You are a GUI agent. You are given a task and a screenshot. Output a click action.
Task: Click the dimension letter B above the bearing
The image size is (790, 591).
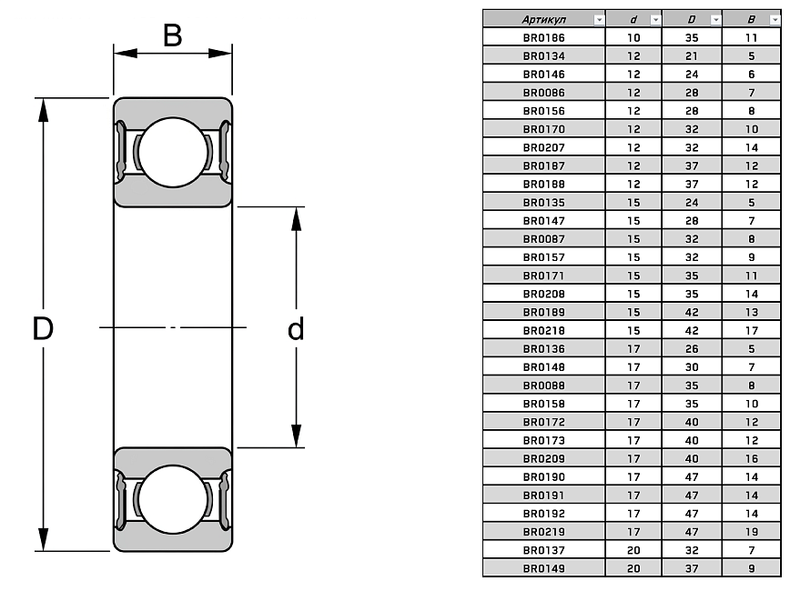(173, 35)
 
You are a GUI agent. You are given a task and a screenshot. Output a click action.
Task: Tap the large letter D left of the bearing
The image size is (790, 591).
(43, 328)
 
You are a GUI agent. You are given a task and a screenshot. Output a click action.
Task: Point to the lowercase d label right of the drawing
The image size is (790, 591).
(296, 329)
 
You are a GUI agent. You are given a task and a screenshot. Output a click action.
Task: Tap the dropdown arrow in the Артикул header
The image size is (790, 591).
(598, 18)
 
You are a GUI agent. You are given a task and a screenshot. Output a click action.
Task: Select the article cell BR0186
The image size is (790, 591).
(543, 37)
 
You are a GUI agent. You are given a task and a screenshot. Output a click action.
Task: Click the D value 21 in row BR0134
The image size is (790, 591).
(692, 55)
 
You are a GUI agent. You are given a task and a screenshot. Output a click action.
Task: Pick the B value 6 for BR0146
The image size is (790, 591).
(751, 74)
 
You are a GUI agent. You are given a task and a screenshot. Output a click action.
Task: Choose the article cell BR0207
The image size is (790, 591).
(543, 147)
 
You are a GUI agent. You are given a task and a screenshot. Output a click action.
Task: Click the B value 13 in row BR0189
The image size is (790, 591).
(751, 312)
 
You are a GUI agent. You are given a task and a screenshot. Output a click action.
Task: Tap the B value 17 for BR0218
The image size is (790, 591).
(751, 330)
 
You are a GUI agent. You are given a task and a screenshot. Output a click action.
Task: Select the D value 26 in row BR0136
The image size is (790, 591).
(692, 348)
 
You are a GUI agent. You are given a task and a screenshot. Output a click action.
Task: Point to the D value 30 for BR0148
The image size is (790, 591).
(692, 366)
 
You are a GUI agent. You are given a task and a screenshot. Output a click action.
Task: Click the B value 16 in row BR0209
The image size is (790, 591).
(751, 458)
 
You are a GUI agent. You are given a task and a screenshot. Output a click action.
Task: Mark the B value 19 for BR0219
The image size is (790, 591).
(751, 531)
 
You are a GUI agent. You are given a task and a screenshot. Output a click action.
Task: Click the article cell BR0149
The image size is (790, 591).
(543, 568)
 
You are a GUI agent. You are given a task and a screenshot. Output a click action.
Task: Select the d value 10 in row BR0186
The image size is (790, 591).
(633, 37)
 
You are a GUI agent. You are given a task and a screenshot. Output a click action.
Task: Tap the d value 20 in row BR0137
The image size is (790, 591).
(633, 550)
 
